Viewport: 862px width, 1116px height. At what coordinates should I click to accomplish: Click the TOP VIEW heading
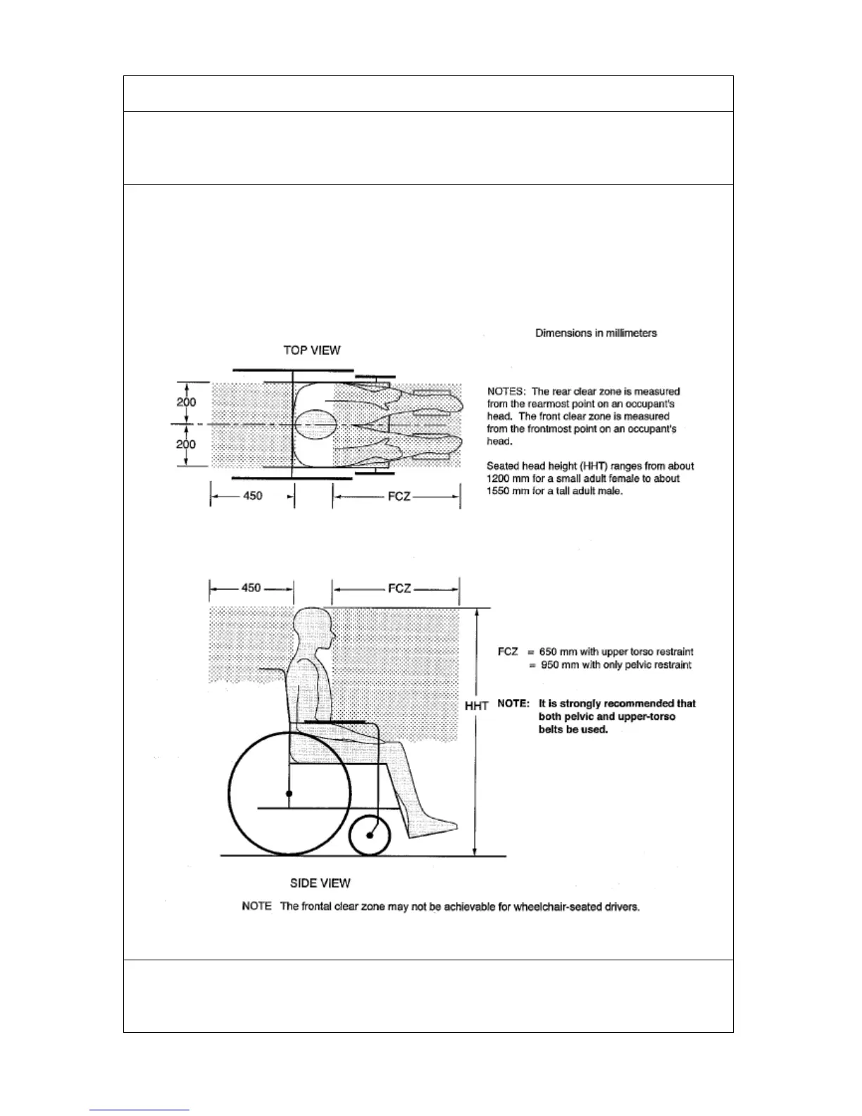pyautogui.click(x=311, y=350)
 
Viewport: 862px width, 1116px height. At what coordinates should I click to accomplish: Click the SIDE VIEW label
pyautogui.click(x=320, y=883)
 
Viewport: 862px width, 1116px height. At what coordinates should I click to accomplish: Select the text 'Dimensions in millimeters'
pyautogui.click(x=596, y=333)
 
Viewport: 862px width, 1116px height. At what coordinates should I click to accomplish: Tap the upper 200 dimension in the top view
pyautogui.click(x=186, y=402)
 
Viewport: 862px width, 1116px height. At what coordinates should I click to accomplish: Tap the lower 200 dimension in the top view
pyautogui.click(x=186, y=445)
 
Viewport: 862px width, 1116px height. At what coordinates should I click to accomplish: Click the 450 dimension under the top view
pyautogui.click(x=252, y=496)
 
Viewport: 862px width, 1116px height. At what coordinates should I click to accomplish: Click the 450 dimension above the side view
pyautogui.click(x=251, y=588)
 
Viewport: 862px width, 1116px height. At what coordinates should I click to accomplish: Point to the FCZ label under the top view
pyautogui.click(x=399, y=496)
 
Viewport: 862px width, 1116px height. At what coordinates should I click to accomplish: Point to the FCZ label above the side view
pyautogui.click(x=399, y=588)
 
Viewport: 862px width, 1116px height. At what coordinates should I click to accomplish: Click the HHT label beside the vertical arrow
pyautogui.click(x=476, y=705)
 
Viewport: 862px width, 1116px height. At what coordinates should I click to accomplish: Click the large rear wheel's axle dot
pyautogui.click(x=289, y=794)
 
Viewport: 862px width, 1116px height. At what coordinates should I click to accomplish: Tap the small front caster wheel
pyautogui.click(x=370, y=835)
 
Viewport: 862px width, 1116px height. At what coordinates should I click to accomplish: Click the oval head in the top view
pyautogui.click(x=314, y=425)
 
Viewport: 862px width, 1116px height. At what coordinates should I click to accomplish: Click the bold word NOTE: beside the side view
pyautogui.click(x=513, y=703)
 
